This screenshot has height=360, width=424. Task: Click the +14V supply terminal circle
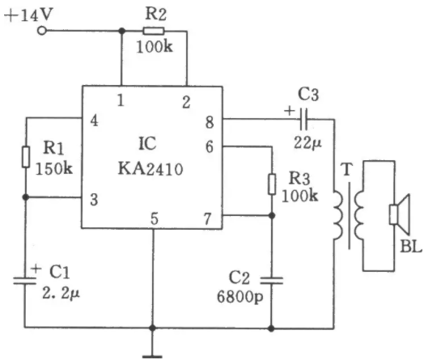click(x=41, y=31)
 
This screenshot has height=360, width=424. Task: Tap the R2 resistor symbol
click(x=153, y=31)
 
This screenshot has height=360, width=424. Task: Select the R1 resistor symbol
click(x=26, y=157)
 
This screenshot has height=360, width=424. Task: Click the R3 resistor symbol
click(x=272, y=184)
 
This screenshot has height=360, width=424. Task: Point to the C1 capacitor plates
click(x=24, y=280)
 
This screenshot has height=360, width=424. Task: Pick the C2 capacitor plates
click(x=272, y=280)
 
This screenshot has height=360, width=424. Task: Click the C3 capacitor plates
click(x=304, y=119)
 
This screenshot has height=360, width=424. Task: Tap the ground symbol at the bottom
click(x=152, y=357)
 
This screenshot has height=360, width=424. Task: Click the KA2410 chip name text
click(x=151, y=169)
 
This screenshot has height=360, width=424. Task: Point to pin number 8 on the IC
click(x=210, y=122)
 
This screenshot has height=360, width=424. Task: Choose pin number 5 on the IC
click(x=154, y=219)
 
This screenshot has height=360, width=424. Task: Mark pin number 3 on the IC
click(x=94, y=200)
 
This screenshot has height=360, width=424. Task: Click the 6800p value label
click(x=240, y=297)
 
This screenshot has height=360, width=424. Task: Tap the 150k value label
click(x=54, y=169)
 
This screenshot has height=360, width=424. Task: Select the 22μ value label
click(x=308, y=143)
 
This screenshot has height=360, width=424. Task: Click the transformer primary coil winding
click(x=338, y=215)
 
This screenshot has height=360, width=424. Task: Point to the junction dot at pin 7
click(x=272, y=216)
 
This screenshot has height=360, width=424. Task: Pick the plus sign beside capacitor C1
click(x=36, y=269)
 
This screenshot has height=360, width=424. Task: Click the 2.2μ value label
click(x=61, y=293)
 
